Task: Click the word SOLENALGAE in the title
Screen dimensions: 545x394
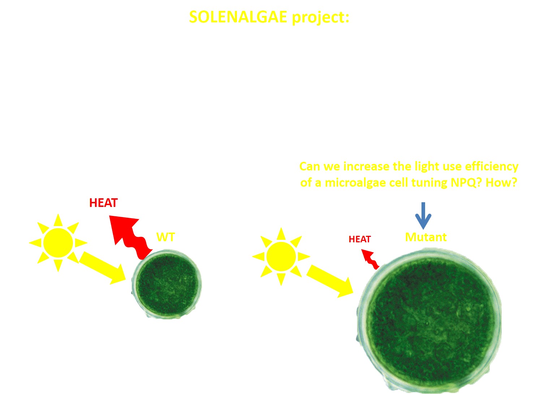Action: pos(238,17)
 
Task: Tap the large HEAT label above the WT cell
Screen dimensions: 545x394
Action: pos(103,203)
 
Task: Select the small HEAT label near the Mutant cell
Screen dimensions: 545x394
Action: pos(360,239)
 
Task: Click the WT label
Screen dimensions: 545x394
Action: pos(165,237)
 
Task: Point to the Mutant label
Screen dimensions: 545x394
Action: pos(426,237)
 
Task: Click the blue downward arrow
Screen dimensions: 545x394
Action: pos(423,216)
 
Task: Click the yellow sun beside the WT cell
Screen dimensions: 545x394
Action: pos(58,242)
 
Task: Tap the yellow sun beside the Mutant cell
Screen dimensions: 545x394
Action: pos(281,256)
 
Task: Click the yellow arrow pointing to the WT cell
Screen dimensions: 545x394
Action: pos(102,268)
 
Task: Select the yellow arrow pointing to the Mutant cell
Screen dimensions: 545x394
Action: pos(330,281)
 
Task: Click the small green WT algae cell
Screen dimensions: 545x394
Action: pos(166,284)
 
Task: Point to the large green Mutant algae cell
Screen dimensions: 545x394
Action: pos(429,321)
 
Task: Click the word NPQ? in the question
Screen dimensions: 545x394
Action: pos(466,183)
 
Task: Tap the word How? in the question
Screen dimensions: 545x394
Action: pos(501,183)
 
